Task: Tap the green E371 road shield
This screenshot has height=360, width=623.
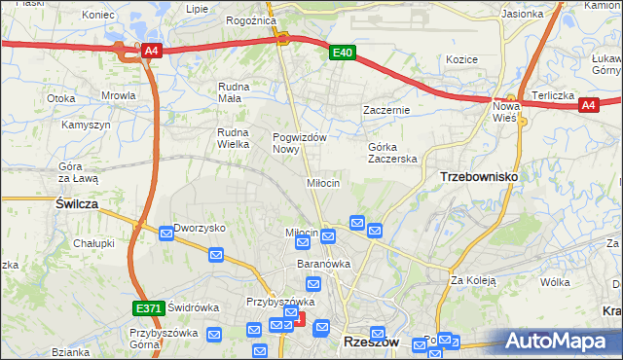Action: [x=148, y=308]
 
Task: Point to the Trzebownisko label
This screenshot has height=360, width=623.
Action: [x=479, y=177]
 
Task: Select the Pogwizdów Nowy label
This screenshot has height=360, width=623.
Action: [x=299, y=143]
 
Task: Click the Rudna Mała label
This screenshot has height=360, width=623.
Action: [x=234, y=91]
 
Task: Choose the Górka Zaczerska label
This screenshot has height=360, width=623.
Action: [x=392, y=153]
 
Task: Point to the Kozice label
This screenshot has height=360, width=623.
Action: [x=461, y=59]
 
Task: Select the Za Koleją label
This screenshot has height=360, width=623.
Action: [x=473, y=280]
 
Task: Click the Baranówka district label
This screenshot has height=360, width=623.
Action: [x=323, y=264]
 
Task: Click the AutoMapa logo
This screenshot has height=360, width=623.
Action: [x=560, y=341]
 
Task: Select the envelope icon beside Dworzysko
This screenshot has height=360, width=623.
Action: [x=166, y=233]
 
